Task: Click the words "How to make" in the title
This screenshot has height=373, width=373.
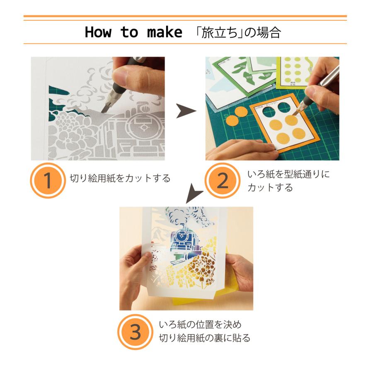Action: pos(133,32)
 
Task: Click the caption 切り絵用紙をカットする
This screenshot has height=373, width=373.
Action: pos(120,179)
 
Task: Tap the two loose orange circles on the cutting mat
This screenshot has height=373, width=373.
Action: pos(236,116)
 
